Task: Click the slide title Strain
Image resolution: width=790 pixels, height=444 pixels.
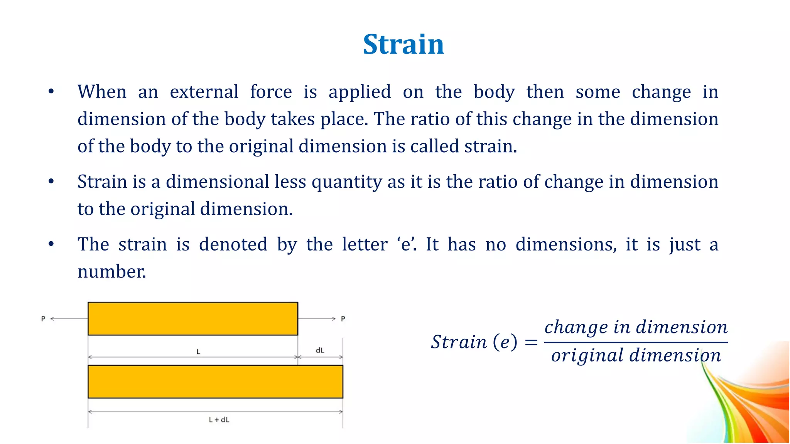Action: coord(403,44)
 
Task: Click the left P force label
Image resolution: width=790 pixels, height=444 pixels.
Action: coord(43,319)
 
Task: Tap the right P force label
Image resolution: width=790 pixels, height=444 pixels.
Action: coord(343,319)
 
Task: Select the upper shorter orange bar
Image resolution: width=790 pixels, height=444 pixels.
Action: coord(193,319)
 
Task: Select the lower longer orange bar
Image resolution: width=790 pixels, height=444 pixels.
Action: coord(215,382)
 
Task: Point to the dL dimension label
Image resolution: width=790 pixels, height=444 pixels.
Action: coord(320,350)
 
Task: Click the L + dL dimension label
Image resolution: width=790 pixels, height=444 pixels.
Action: coord(219,420)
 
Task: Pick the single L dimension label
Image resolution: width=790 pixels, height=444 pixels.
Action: coord(198,351)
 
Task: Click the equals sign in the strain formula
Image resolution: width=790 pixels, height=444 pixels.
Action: coord(531,342)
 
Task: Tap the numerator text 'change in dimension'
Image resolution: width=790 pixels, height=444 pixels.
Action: coord(636,327)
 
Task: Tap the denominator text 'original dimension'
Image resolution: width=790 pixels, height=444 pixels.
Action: coord(636,355)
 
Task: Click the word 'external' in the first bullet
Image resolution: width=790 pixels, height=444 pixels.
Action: coord(204,92)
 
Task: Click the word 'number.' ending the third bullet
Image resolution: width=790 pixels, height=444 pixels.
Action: coord(112,272)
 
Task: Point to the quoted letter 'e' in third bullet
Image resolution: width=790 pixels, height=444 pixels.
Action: coord(406,244)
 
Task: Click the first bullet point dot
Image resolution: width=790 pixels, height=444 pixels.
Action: coord(51,92)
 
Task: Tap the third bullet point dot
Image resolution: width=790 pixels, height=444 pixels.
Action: coord(51,244)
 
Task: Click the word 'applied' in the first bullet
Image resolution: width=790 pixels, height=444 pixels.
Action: coord(360,92)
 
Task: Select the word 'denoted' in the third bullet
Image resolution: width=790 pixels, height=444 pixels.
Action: coord(233,244)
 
